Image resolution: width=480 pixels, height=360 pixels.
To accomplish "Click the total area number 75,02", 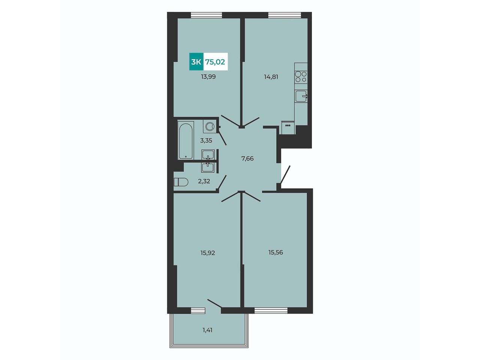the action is pyautogui.click(x=215, y=62).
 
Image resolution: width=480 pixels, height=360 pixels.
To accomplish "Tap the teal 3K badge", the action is pyautogui.click(x=196, y=62).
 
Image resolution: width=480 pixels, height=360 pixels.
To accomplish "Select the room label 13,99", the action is pyautogui.click(x=208, y=77).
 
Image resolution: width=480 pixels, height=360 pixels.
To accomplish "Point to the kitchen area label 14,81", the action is pyautogui.click(x=271, y=77).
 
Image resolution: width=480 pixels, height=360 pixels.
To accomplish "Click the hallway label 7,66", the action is pyautogui.click(x=247, y=159).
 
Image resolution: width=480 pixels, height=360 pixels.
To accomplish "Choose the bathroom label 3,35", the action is pyautogui.click(x=206, y=141).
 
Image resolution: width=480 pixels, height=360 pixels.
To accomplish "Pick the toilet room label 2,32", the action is pyautogui.click(x=204, y=181).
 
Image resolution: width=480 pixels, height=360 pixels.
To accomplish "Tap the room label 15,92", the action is pyautogui.click(x=208, y=253).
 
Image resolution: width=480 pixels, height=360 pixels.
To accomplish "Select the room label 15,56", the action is pyautogui.click(x=276, y=252).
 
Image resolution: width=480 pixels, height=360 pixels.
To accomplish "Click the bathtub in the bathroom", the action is pyautogui.click(x=186, y=141).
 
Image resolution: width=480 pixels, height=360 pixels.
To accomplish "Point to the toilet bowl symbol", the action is pyautogui.click(x=181, y=182).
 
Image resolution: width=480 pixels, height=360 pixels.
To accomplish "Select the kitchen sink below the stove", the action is pyautogui.click(x=301, y=96).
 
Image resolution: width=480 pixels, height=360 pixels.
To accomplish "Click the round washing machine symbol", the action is pyautogui.click(x=210, y=126).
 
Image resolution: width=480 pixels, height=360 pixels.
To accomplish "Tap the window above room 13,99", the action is pyautogui.click(x=206, y=15).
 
